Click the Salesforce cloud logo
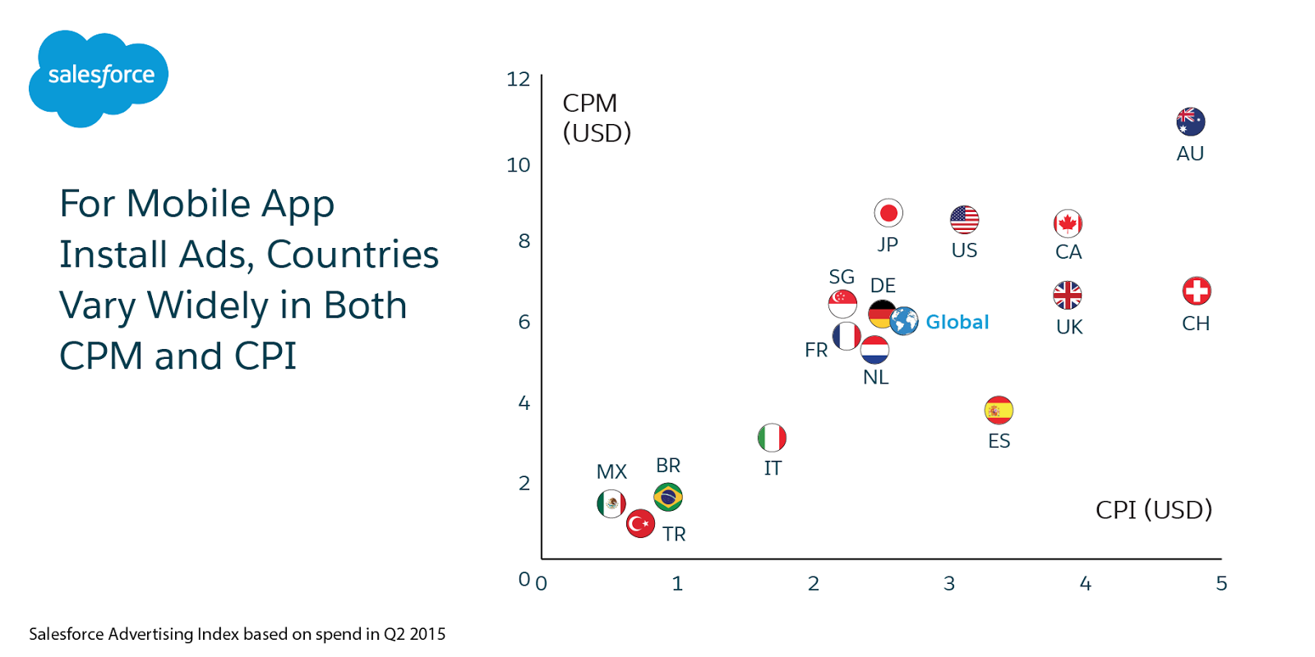pos(99,77)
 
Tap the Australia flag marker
pos(1190,122)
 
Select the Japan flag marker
pos(888,214)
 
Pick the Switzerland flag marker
pos(1197,291)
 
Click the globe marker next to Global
pos(904,321)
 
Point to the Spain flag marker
pos(999,410)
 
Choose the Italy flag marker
pos(772,438)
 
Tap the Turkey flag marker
pos(640,523)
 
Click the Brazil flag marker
pos(668,497)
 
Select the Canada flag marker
pos(1068,223)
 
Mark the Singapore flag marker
pos(842,304)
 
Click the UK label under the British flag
pos(1069,327)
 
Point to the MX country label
pos(611,472)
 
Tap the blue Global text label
pos(957,322)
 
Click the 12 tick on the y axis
pos(518,80)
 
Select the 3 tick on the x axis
pos(949,584)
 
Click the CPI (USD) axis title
pos(1153,510)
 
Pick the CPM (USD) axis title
pos(597,117)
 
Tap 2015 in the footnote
pos(427,634)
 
